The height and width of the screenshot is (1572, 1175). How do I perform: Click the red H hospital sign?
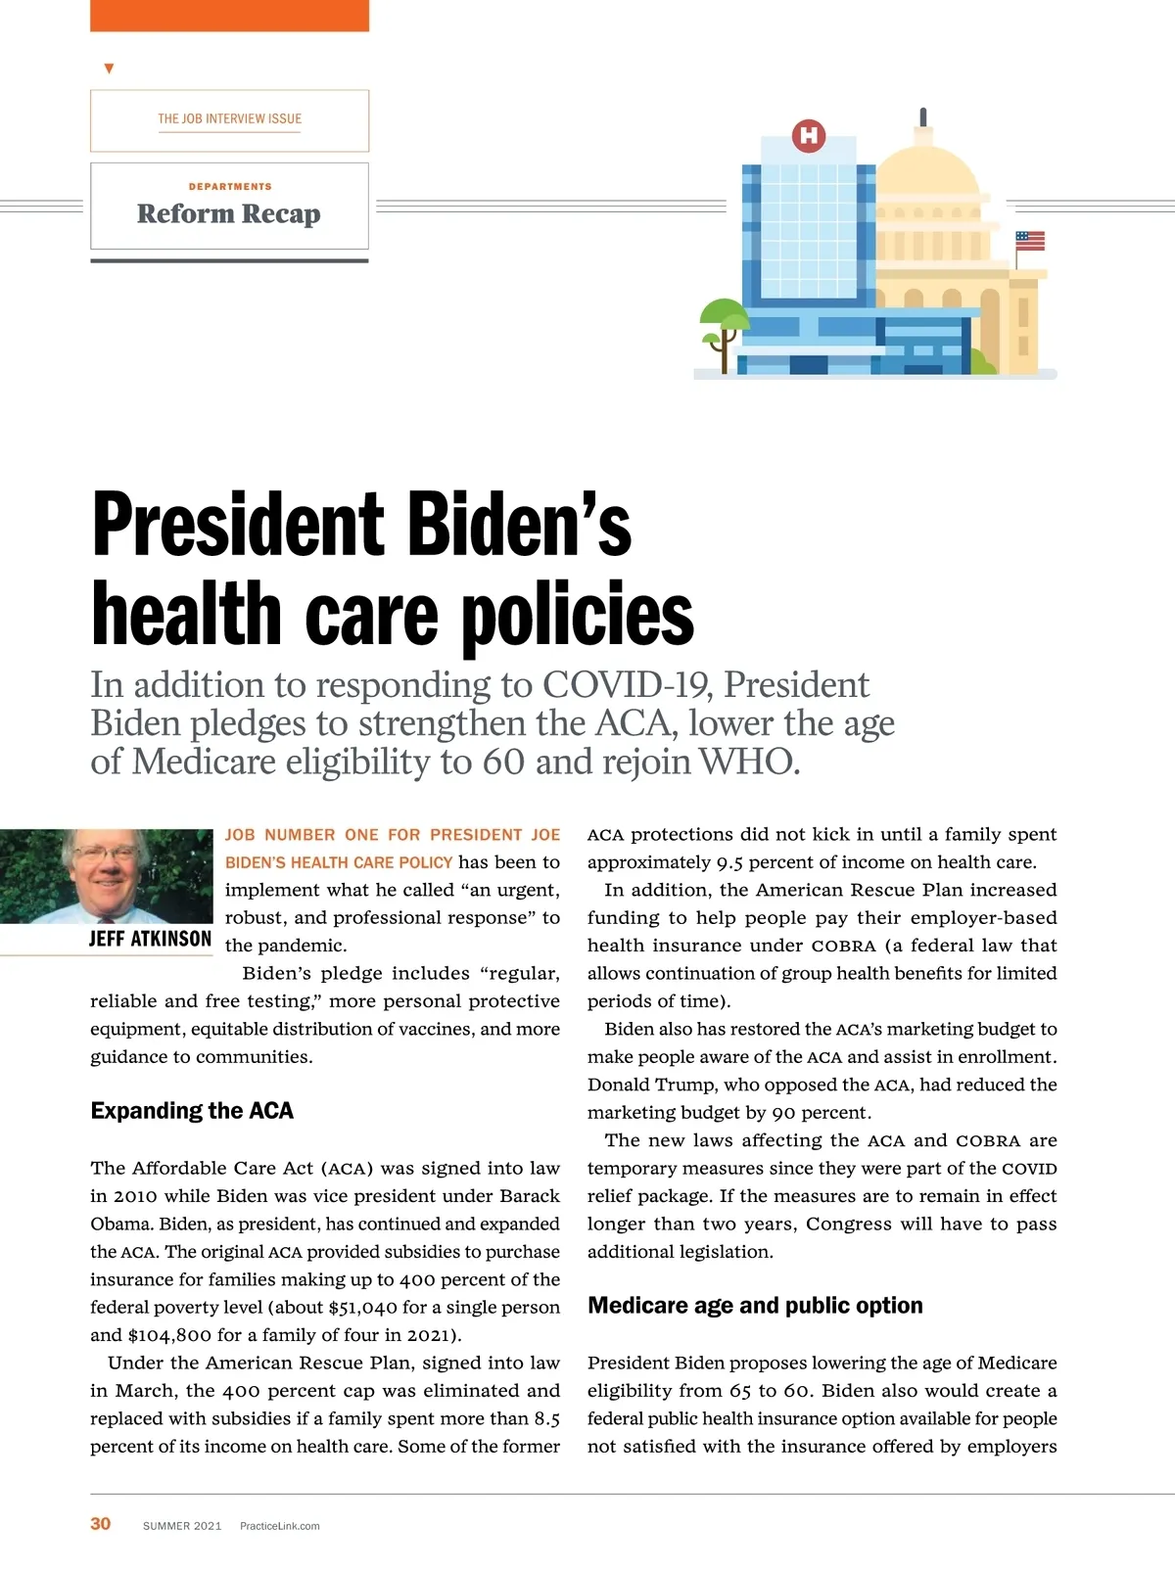click(x=809, y=135)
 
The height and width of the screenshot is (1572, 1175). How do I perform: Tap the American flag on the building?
click(x=1030, y=241)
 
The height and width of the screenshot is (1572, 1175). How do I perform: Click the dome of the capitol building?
click(x=927, y=172)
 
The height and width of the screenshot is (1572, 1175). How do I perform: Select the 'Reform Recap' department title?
click(x=228, y=213)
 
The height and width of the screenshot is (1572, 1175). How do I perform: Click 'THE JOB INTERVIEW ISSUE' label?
click(x=229, y=118)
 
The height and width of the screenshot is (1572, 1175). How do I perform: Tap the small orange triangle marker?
click(x=109, y=69)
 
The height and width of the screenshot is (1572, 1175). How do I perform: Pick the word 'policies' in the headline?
click(x=578, y=615)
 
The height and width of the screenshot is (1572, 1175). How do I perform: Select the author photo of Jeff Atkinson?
click(x=106, y=876)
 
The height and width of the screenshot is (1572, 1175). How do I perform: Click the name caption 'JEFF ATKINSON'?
click(x=150, y=939)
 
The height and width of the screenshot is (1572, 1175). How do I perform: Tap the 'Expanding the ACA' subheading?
click(x=192, y=1111)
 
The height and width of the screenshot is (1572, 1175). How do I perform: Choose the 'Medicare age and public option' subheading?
click(x=755, y=1306)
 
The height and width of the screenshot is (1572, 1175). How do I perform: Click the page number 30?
click(x=101, y=1524)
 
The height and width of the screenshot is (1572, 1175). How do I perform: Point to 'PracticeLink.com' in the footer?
click(x=279, y=1526)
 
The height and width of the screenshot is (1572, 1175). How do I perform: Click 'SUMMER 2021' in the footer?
click(x=182, y=1526)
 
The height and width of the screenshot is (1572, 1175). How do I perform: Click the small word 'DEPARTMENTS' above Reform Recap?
click(x=230, y=186)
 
